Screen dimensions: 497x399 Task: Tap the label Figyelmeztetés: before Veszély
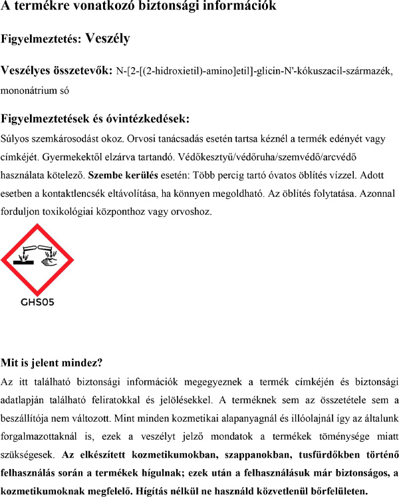pyautogui.click(x=41, y=39)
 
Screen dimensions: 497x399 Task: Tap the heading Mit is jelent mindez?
pyautogui.click(x=52, y=363)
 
